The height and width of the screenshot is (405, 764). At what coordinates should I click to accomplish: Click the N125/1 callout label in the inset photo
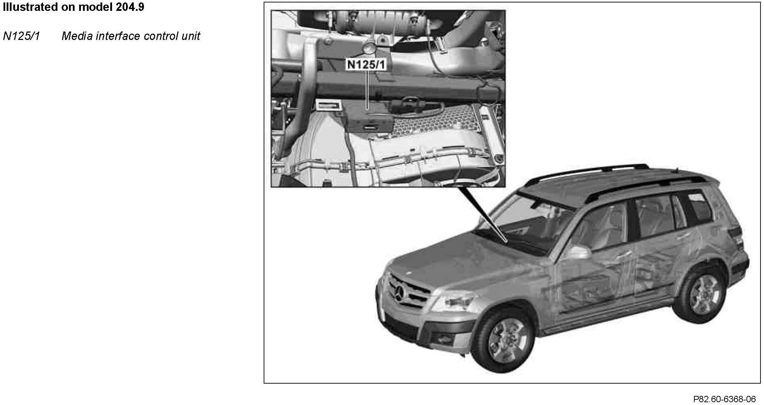coord(366,64)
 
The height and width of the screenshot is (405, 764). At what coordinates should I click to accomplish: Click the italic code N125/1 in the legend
coord(22,36)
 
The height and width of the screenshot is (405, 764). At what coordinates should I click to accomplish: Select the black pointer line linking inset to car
coord(483,214)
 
